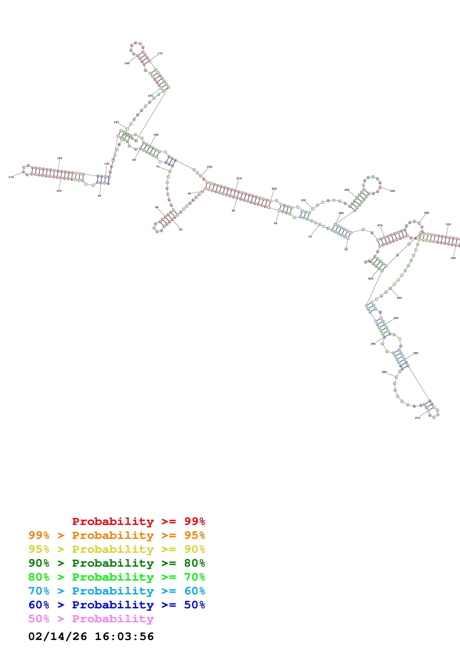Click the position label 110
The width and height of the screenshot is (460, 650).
pyautogui.click(x=11, y=177)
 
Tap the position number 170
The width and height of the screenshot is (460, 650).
pyautogui.click(x=160, y=54)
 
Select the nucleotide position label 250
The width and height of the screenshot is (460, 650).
pyautogui.click(x=392, y=191)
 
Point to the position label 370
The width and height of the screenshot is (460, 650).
pyautogui.click(x=417, y=418)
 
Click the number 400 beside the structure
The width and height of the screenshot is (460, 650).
pyautogui.click(x=370, y=278)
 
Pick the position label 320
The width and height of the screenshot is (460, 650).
pyautogui.click(x=453, y=258)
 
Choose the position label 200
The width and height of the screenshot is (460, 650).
pyautogui.click(x=209, y=167)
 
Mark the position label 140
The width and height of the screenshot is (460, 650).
pyautogui.click(x=116, y=122)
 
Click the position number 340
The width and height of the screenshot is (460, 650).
pyautogui.click(x=399, y=298)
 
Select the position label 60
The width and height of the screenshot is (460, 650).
pyautogui.click(x=157, y=207)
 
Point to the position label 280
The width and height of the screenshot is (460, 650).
pyautogui.click(x=427, y=213)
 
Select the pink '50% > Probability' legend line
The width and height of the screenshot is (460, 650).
pyautogui.click(x=91, y=619)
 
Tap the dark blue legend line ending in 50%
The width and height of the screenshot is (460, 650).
pyautogui.click(x=117, y=605)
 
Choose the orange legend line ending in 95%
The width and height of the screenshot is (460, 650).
pyautogui.click(x=117, y=535)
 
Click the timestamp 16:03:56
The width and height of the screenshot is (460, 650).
pyautogui.click(x=124, y=637)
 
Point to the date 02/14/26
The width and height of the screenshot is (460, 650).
pyautogui.click(x=58, y=637)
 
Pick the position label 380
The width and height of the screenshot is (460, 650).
pyautogui.click(x=384, y=372)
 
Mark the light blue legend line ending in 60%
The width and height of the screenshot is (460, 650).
pyautogui.click(x=117, y=591)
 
